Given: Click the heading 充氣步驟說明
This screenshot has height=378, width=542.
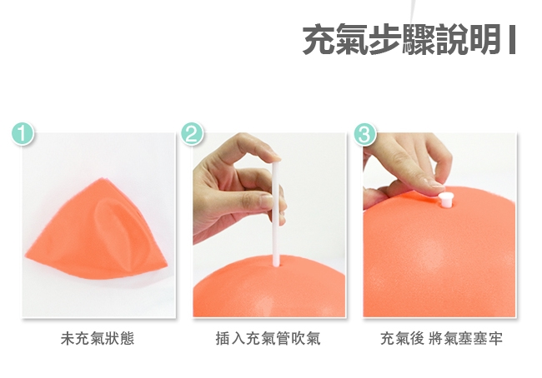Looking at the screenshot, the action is pos(401,40).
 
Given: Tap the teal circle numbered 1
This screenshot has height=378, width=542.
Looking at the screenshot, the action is pos(23,133).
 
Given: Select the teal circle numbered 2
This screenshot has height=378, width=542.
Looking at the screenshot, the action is pos(193,133).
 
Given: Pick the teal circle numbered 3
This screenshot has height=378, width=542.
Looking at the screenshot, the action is pos(365,133).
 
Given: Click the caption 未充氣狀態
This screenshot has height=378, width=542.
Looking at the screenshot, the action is pos(98,338).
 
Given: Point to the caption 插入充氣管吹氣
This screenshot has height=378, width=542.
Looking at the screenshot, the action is pos(268,338).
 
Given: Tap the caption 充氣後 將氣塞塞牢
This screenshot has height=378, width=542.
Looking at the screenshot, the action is pos(441,338).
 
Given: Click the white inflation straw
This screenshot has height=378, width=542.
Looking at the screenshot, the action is pos(276,213).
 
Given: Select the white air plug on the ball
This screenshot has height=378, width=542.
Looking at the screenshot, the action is pos(445,200).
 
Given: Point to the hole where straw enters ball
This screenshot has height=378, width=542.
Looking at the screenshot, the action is pos(276,265).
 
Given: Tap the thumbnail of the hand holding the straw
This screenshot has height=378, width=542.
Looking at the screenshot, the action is pos(267,201).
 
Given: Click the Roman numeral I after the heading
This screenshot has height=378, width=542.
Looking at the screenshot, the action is pos(512,40).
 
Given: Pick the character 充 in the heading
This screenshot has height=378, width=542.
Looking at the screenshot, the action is pos(319,40).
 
